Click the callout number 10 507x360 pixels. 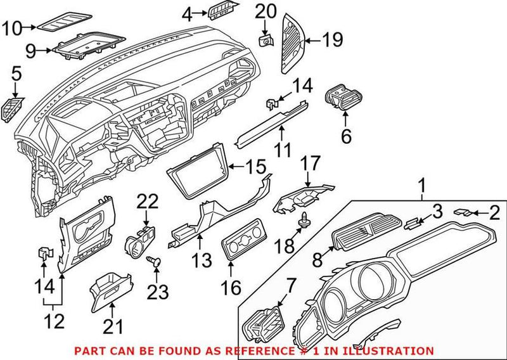[12, 27]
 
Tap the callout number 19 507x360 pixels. [331, 41]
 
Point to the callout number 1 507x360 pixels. [421, 186]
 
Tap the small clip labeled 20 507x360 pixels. [265, 40]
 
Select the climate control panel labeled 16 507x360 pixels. [241, 246]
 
